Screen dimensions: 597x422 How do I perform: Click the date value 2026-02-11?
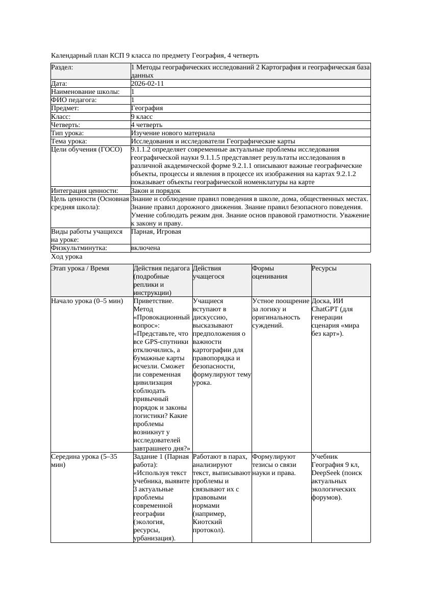tap(147, 84)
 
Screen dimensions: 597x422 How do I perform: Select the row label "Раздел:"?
tap(62, 67)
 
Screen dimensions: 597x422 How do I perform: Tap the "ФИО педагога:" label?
tap(74, 100)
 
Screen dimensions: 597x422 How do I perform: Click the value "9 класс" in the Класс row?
tap(142, 116)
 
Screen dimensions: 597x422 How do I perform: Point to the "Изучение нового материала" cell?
tap(173, 133)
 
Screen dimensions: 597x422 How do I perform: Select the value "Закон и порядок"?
tap(156, 191)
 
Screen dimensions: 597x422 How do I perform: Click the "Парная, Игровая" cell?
tap(156, 232)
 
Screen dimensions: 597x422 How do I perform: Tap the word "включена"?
tap(145, 248)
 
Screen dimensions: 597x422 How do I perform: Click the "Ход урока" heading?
tap(67, 257)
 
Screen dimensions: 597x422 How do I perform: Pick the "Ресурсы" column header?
tap(325, 268)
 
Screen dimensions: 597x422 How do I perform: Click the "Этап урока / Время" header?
tap(80, 268)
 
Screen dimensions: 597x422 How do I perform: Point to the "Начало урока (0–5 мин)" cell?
tap(87, 301)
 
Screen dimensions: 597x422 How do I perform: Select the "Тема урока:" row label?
tap(69, 141)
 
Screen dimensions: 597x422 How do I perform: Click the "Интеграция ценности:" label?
tap(85, 191)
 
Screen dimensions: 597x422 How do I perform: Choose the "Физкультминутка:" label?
tap(79, 248)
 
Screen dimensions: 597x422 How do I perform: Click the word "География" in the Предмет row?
tap(147, 108)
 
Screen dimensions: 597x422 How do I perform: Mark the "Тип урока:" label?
tap(67, 133)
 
